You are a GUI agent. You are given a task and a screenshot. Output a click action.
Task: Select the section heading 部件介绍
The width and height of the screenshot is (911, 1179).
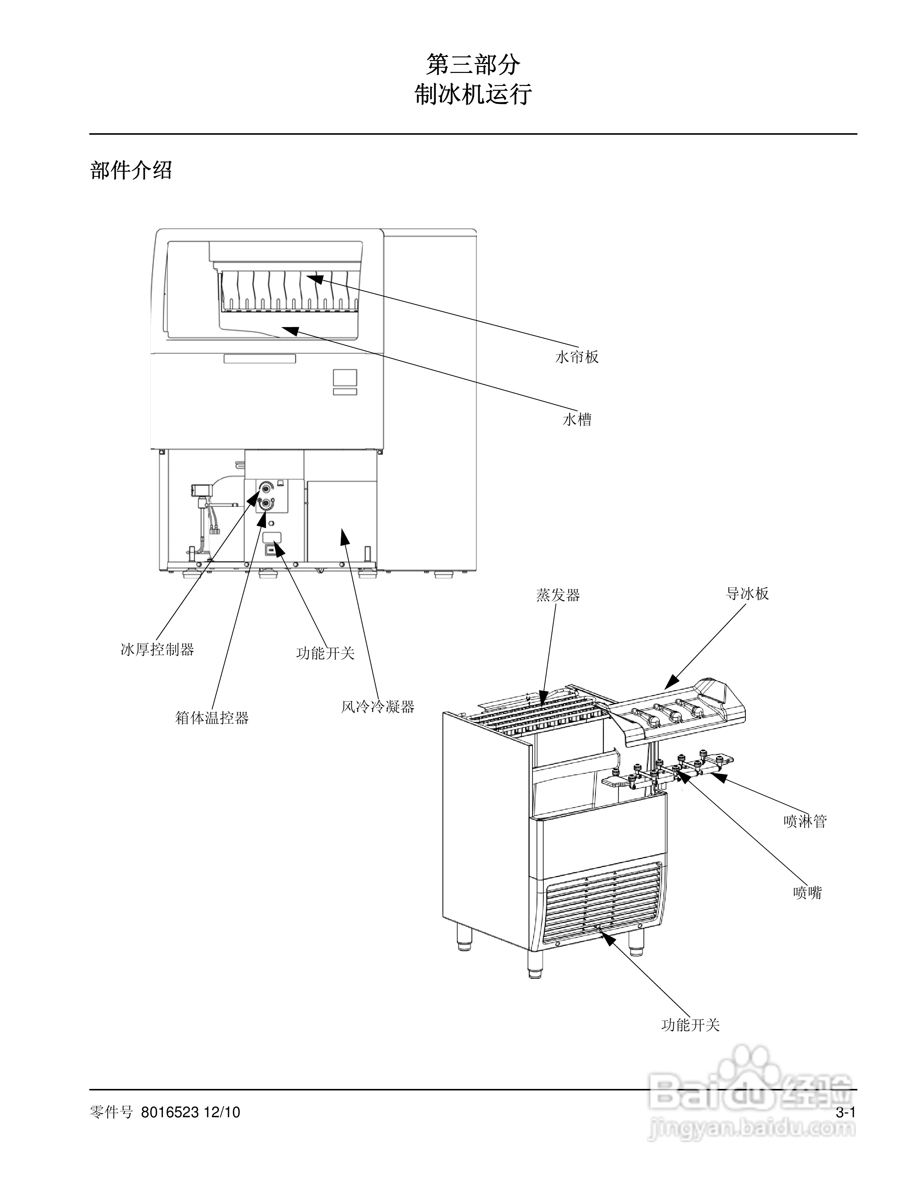tap(131, 170)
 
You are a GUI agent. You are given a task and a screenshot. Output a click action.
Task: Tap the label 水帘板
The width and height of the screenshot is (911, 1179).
tap(577, 357)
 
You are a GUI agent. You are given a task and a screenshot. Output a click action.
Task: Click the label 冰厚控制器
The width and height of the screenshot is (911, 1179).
tap(157, 649)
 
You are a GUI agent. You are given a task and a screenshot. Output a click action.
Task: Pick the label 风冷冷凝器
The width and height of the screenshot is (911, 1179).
tap(377, 707)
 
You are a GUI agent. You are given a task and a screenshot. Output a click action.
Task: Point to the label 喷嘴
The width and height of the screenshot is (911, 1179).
tap(808, 893)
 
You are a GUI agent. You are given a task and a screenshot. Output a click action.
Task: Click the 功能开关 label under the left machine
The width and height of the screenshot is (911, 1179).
tap(325, 653)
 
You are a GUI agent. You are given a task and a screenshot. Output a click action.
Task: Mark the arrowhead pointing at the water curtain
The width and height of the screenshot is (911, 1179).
tap(314, 278)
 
